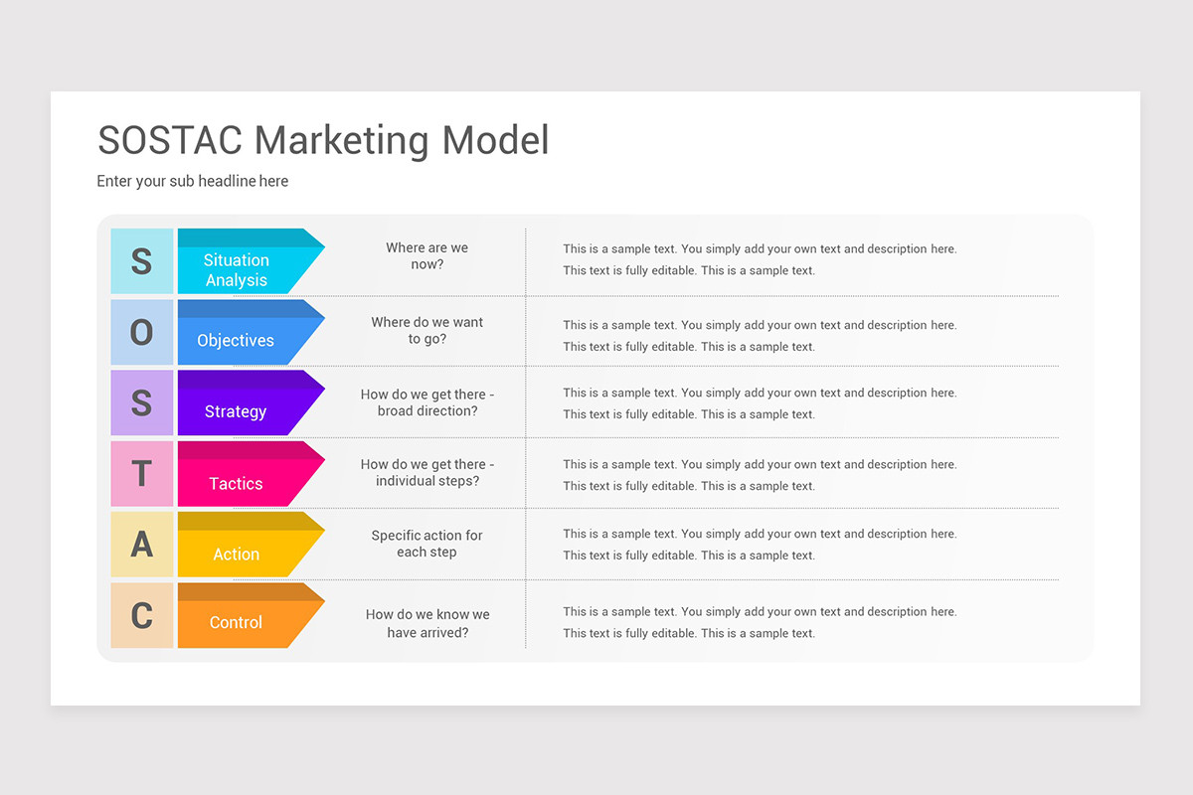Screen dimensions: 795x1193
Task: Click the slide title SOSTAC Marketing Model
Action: tap(323, 140)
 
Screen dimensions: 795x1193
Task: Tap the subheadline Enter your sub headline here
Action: tap(193, 181)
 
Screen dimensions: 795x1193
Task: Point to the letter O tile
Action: tap(142, 332)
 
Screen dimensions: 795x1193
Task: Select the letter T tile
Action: tap(142, 474)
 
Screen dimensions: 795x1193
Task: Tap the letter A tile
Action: tap(142, 545)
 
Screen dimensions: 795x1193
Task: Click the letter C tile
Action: tap(142, 616)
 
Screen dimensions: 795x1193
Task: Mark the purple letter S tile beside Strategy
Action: tap(142, 402)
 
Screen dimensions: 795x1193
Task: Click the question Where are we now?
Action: tap(426, 256)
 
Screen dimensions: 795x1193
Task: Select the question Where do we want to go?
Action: tap(426, 331)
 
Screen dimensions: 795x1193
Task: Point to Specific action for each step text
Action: tap(426, 544)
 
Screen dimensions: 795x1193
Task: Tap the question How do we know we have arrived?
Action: tap(426, 623)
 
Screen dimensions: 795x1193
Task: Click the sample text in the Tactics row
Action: tap(760, 475)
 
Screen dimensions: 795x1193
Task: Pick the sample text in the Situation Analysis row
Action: tap(760, 259)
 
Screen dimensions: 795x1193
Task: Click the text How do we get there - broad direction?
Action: tap(426, 402)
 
